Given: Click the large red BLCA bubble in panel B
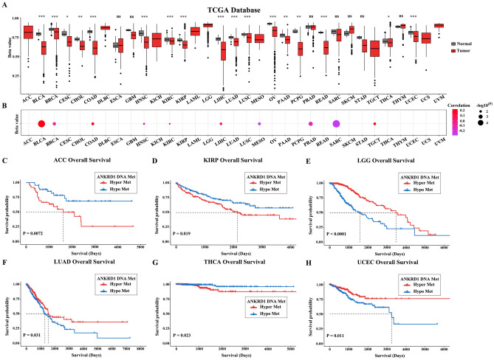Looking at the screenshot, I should (x=42, y=124).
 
